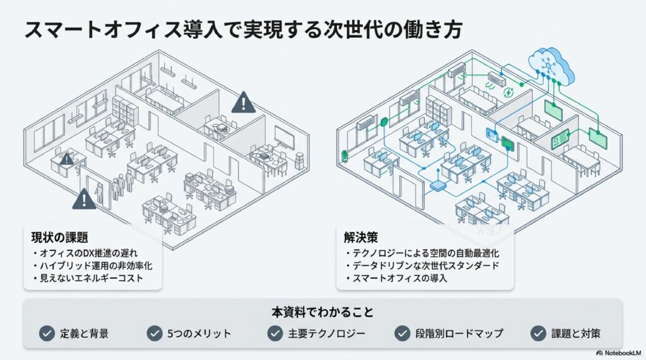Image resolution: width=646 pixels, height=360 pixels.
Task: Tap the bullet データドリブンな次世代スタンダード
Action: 426,265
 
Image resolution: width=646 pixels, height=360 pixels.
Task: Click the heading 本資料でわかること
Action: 322,312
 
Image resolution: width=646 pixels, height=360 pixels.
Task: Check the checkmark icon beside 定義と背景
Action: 47,333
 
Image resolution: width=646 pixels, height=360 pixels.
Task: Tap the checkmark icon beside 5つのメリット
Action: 155,333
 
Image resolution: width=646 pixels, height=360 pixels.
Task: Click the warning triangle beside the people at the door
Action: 84,199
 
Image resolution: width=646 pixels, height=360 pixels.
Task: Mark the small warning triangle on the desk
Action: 66,159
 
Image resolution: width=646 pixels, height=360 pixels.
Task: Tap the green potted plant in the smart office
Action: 344,153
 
